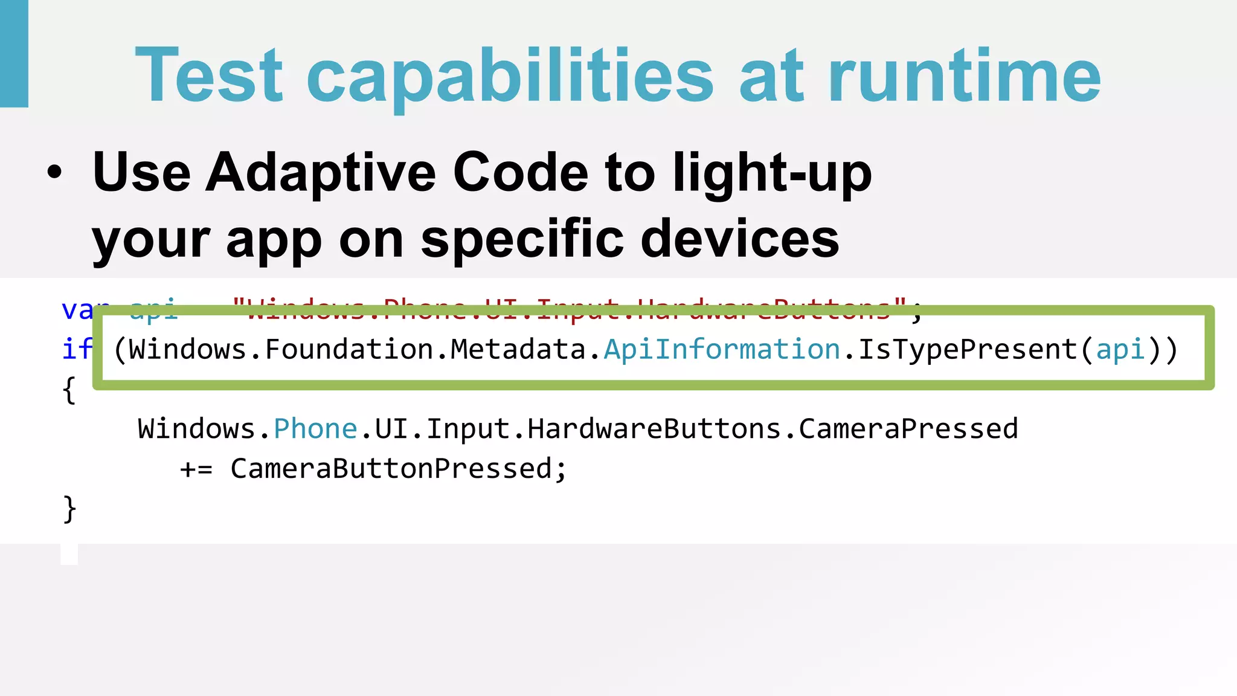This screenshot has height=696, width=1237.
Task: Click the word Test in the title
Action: click(209, 76)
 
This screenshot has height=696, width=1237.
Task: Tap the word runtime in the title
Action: click(964, 76)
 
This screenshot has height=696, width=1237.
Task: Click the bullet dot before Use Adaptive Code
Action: click(54, 172)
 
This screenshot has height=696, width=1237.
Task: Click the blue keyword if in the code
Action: click(77, 349)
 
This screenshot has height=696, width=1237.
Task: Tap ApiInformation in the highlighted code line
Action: click(722, 349)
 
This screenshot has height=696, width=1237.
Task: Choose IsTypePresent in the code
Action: click(968, 349)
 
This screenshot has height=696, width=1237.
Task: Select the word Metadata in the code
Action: click(518, 349)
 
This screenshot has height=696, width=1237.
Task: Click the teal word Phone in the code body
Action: click(315, 429)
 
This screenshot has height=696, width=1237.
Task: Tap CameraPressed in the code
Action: click(908, 429)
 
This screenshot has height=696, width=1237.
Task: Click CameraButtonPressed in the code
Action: click(391, 469)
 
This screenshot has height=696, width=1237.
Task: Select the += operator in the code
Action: click(196, 469)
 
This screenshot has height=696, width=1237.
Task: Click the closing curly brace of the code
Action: click(69, 509)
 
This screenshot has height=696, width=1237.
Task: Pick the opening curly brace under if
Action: click(69, 390)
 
